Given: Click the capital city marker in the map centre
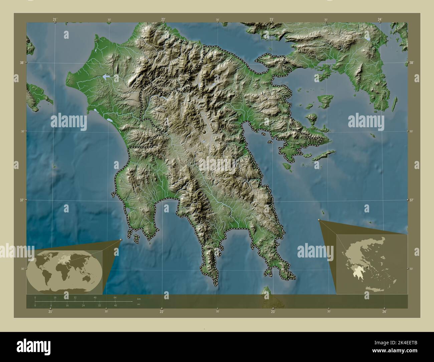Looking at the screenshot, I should tap(204, 133).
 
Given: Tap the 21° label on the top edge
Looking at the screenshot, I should tap(55, 19).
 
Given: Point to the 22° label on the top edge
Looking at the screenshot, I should tap(163, 19).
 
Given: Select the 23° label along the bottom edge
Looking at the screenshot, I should tap(273, 312).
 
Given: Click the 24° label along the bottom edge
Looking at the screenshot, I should tap(385, 312).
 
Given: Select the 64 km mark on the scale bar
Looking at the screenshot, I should tap(115, 298).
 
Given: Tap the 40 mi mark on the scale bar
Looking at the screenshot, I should tap(115, 305).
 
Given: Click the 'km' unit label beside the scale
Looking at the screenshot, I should tap(139, 298).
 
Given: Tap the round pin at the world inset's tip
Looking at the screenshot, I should tap(121, 240).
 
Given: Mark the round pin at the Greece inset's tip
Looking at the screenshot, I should tap(319, 220).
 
